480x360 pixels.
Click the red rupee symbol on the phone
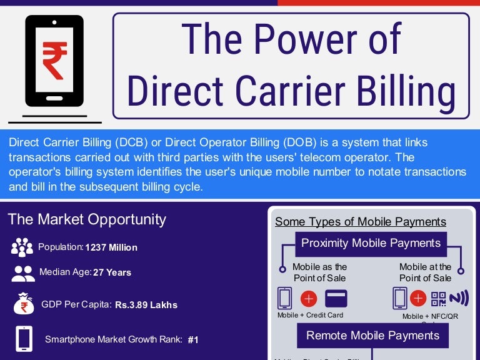[x=54, y=61]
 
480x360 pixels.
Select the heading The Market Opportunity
[x=87, y=219]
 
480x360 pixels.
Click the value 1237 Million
[x=111, y=247]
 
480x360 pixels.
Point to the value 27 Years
[x=112, y=272]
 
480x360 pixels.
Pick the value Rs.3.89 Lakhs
[x=146, y=305]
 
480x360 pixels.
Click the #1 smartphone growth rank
[x=193, y=340]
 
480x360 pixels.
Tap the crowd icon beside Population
[x=22, y=247]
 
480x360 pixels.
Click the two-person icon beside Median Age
[x=23, y=273]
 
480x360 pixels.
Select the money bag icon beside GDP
[x=24, y=304]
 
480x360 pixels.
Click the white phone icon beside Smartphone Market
[x=24, y=339]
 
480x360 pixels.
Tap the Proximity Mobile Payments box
[x=371, y=243]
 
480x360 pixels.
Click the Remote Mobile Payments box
[x=372, y=336]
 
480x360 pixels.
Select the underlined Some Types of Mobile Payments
[x=361, y=222]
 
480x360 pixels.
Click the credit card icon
[x=336, y=298]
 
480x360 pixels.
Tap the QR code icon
[x=438, y=298]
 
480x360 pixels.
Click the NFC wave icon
[x=458, y=298]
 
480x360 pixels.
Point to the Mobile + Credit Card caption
[x=311, y=315]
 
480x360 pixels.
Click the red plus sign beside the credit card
[x=309, y=298]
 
